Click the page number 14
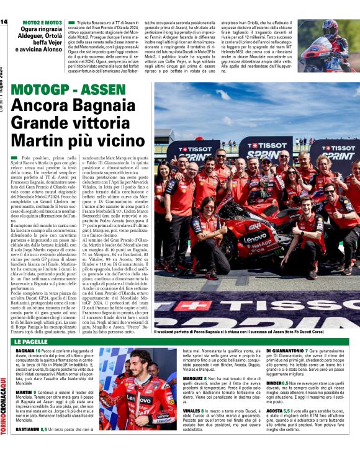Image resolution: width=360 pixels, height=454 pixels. point(4,22)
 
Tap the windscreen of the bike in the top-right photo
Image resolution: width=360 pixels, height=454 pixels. point(320,47)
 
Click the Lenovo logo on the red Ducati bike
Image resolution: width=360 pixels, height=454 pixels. point(255,238)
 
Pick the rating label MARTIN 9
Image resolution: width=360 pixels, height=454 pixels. point(27,392)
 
